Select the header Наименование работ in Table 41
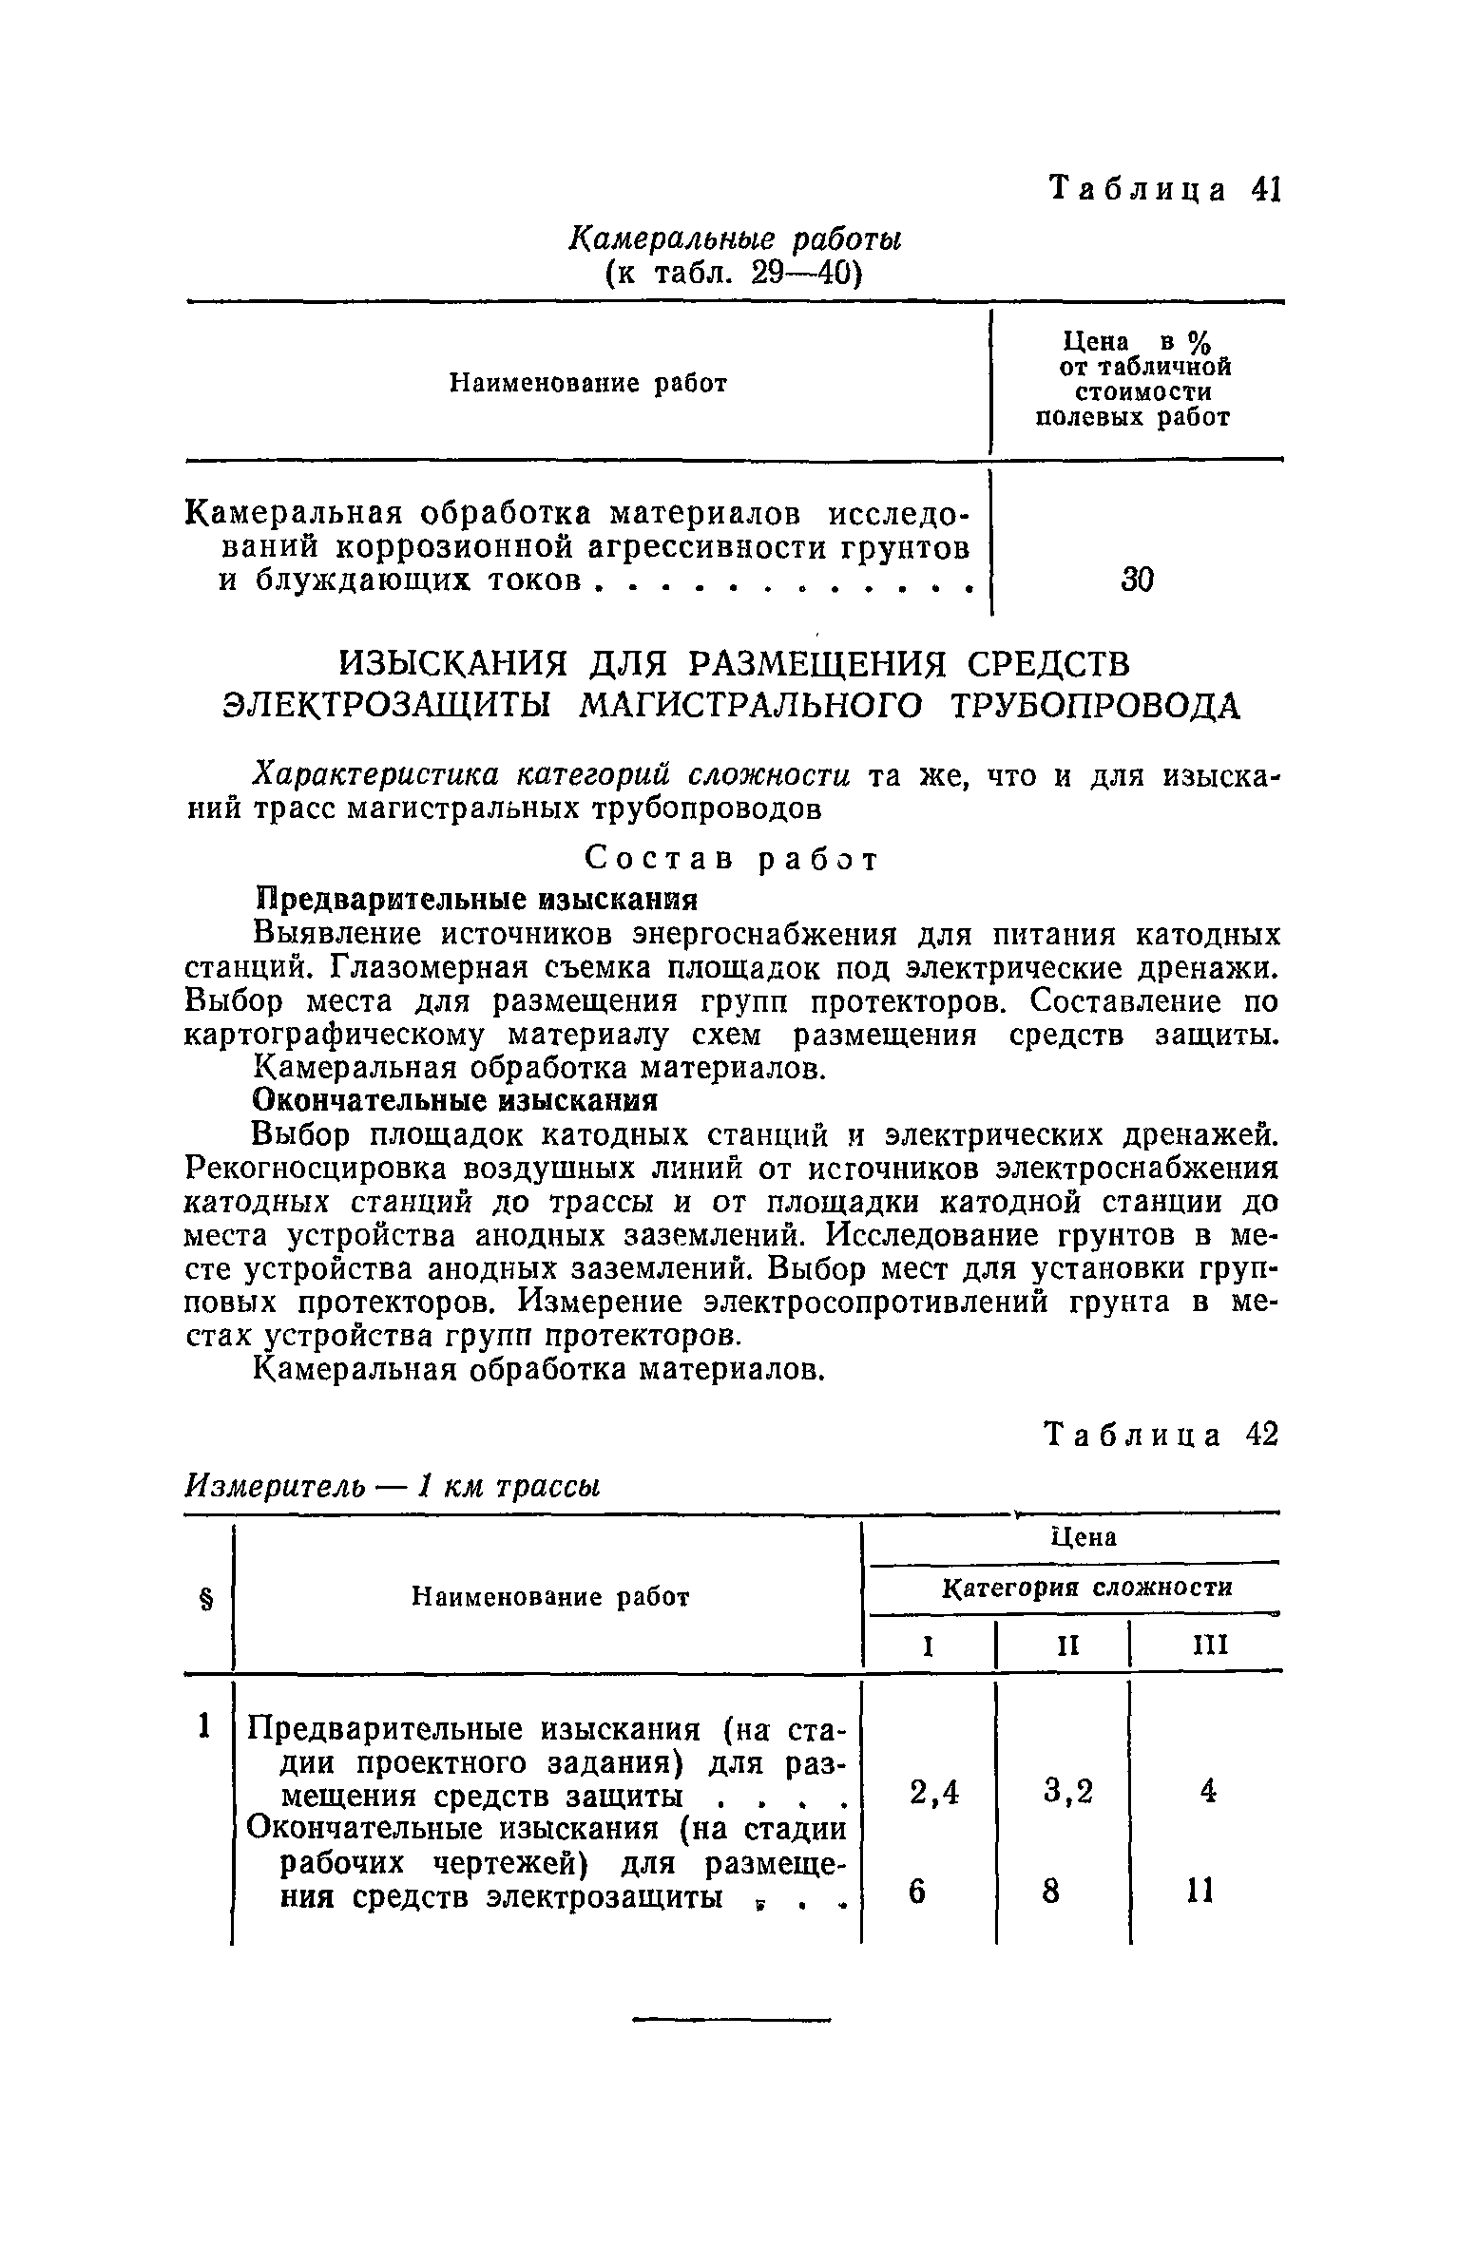coord(587,384)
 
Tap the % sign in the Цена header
coord(1200,341)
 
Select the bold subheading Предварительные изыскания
coord(476,899)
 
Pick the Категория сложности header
coord(1086,1588)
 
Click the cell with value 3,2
coord(1068,1793)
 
